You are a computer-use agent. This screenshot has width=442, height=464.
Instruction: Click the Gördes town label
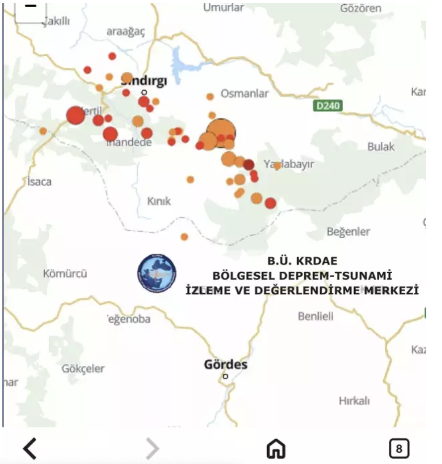click(225, 364)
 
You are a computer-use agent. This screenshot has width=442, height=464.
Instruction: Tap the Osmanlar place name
click(244, 94)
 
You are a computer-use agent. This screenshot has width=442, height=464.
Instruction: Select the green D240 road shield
click(328, 106)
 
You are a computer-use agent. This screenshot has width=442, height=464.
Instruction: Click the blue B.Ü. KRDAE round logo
click(157, 273)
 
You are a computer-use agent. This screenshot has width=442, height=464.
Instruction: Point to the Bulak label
click(381, 147)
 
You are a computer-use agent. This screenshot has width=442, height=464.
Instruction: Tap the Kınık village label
click(159, 201)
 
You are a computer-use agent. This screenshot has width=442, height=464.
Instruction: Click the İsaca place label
click(39, 181)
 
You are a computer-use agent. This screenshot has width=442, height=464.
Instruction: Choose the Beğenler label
click(348, 232)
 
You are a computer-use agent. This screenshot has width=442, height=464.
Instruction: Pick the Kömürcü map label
click(65, 274)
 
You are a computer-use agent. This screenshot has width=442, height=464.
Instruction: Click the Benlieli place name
click(315, 316)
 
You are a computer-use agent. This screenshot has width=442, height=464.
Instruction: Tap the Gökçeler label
click(83, 369)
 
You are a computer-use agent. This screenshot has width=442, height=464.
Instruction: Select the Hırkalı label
click(354, 401)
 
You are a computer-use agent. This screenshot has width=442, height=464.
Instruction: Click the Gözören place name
click(360, 8)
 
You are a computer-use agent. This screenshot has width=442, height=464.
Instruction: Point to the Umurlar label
click(223, 7)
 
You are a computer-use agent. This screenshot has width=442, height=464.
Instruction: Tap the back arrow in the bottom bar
click(30, 448)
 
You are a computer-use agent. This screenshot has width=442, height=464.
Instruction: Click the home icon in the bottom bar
click(276, 448)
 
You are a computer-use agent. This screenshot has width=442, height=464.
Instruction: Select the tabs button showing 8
click(399, 448)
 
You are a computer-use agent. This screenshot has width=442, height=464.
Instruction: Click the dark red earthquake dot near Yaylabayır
click(249, 165)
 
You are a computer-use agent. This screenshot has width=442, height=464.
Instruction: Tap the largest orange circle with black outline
click(221, 133)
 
